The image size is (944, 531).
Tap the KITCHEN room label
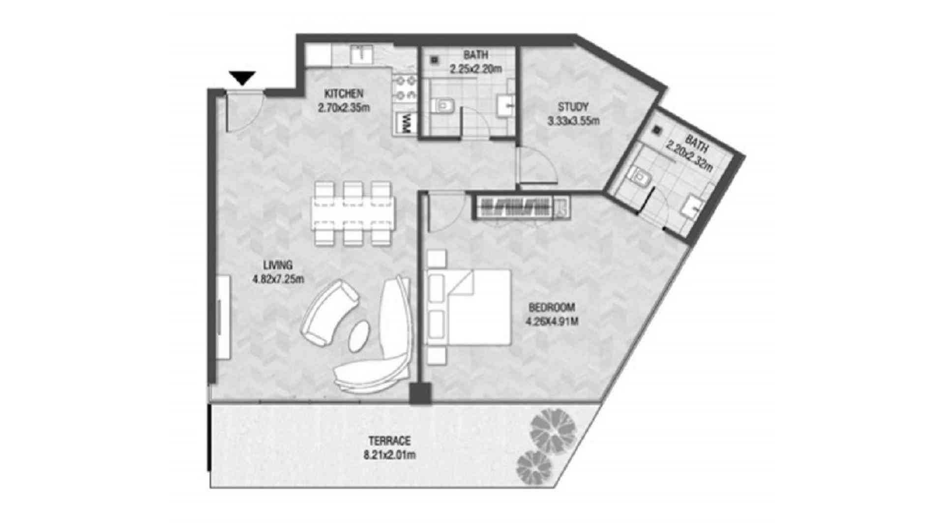click(x=344, y=93)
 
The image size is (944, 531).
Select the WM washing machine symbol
click(x=406, y=122)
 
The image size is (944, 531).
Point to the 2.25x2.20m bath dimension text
click(x=475, y=69)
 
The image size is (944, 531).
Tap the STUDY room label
click(x=573, y=107)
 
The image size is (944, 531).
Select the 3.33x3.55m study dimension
click(x=573, y=120)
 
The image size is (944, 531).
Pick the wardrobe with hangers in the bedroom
click(x=522, y=206)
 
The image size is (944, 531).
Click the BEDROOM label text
click(x=552, y=308)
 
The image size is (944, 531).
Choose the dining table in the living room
click(x=353, y=213)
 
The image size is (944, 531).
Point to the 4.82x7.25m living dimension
click(x=278, y=279)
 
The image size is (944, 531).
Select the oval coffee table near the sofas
click(x=360, y=336)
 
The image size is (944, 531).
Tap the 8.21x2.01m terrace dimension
click(x=389, y=455)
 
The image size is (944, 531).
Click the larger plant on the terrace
click(x=553, y=429)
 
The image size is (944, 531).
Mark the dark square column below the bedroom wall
click(x=420, y=393)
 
